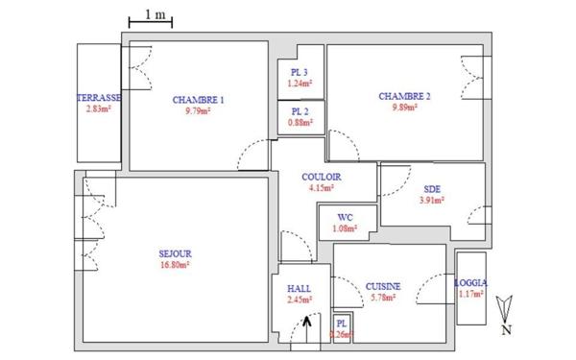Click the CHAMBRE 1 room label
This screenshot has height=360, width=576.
[199, 100]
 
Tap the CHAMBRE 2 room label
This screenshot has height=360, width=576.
[404, 96]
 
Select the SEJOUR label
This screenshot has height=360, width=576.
[175, 254]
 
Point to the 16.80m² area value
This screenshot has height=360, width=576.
[175, 266]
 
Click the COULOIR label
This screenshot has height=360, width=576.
[320, 177]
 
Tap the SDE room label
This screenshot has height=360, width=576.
[431, 189]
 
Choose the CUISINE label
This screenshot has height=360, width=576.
[383, 287]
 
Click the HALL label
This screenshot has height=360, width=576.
[299, 287]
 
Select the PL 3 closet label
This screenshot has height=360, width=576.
[300, 73]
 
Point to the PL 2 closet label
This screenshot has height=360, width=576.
[300, 110]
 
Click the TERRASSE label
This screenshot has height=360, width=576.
[99, 99]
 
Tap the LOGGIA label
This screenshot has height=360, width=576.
[471, 283]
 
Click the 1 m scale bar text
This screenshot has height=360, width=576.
[153, 13]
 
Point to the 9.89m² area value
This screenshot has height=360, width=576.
[404, 108]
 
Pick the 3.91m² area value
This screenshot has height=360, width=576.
[431, 201]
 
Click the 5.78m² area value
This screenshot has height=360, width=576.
[383, 299]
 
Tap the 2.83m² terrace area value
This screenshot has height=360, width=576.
[99, 109]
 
